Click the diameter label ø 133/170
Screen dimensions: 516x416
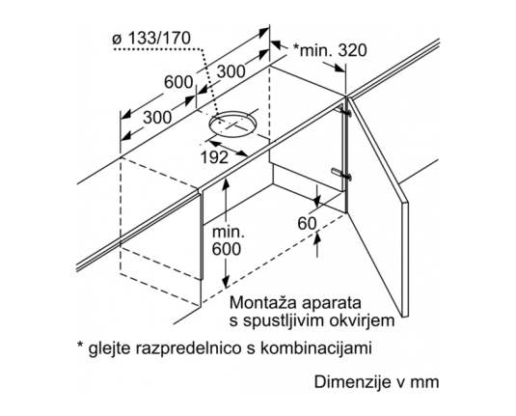click(x=151, y=39)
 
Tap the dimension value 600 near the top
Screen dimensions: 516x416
click(x=178, y=82)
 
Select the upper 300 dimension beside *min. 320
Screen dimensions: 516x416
click(x=231, y=71)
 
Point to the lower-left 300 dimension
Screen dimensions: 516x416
click(x=157, y=118)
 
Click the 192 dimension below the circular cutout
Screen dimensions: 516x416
click(x=214, y=157)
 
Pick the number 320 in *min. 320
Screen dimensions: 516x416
click(x=352, y=51)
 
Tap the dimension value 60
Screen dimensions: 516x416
click(x=307, y=224)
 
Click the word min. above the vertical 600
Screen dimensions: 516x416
click(x=229, y=233)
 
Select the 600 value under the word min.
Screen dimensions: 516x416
click(x=226, y=249)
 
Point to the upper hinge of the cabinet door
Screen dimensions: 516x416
click(x=344, y=111)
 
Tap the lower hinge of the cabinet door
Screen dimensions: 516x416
click(x=342, y=174)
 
